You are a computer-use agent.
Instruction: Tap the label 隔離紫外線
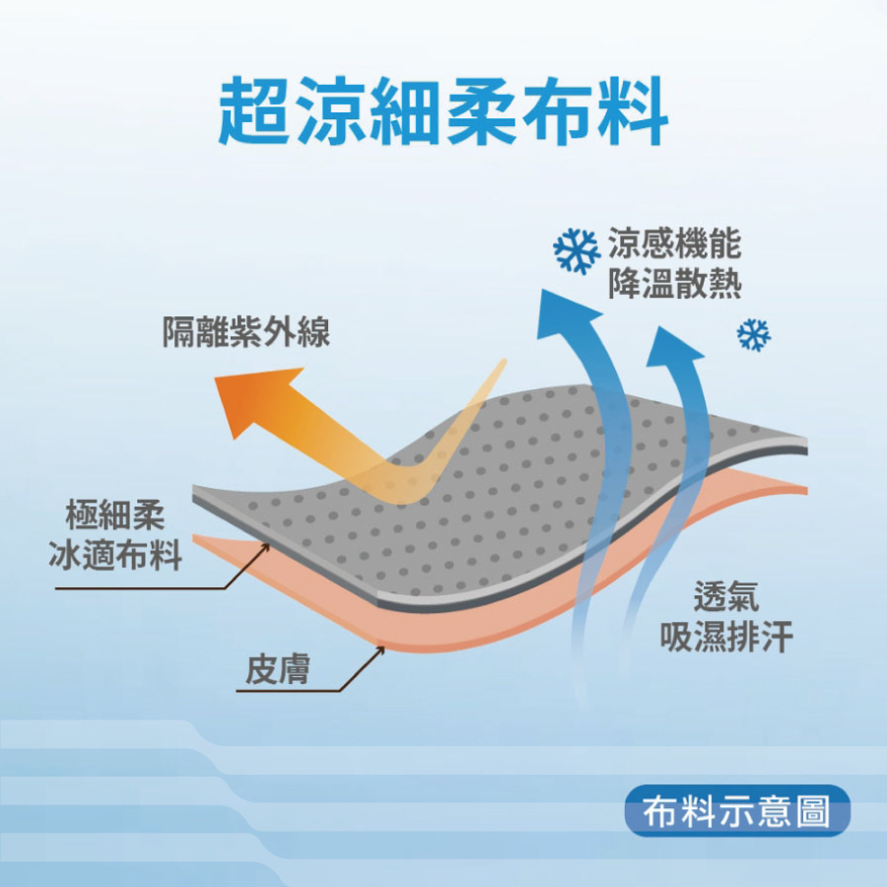click(x=246, y=333)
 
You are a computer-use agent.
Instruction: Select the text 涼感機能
click(x=675, y=244)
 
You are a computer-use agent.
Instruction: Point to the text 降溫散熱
click(x=675, y=285)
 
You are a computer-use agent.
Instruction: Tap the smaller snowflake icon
click(x=754, y=335)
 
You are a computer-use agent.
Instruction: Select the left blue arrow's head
click(x=566, y=306)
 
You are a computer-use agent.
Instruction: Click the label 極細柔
click(x=115, y=514)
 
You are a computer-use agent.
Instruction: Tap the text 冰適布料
click(x=115, y=555)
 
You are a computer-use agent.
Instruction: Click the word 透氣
click(x=726, y=596)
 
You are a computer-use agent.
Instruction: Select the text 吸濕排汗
click(x=726, y=637)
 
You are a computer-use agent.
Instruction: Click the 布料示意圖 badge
click(x=737, y=811)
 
